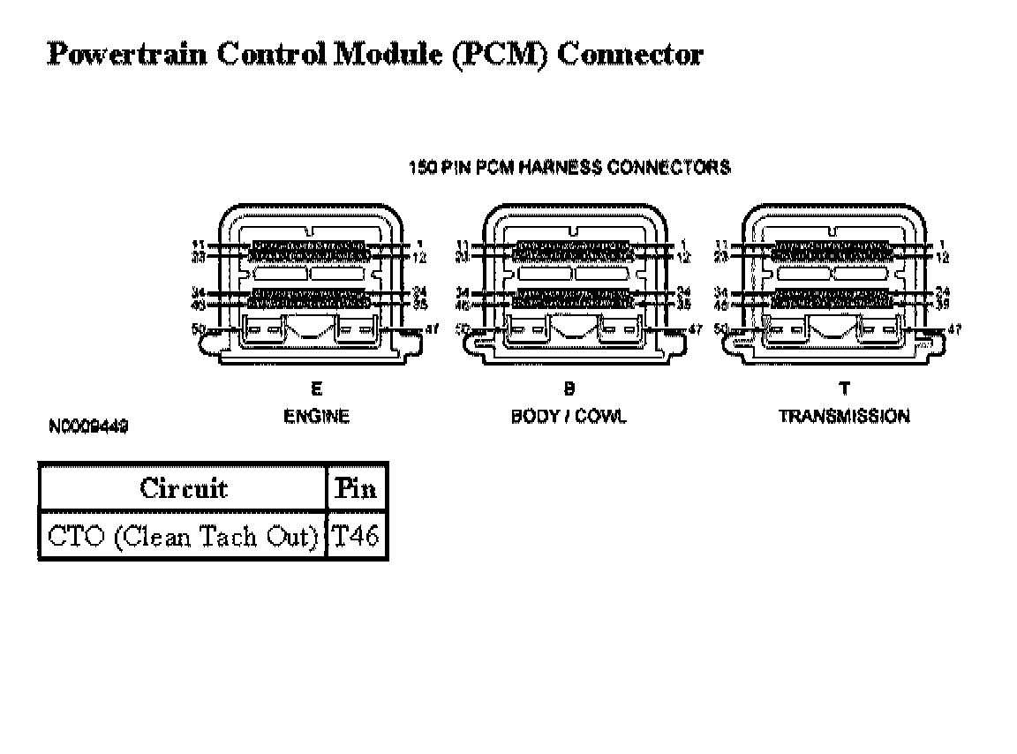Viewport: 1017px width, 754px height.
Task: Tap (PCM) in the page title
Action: tap(500, 55)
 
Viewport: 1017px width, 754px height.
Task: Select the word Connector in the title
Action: tap(630, 55)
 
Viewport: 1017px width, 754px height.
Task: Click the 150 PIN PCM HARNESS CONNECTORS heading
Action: tap(569, 167)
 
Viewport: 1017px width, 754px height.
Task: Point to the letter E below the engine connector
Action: tap(316, 388)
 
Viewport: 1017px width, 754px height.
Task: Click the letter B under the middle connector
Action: tap(569, 388)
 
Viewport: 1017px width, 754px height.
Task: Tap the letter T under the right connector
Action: tap(845, 388)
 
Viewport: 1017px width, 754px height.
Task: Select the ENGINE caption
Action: tap(316, 417)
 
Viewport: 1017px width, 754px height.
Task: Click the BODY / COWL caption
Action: tap(569, 417)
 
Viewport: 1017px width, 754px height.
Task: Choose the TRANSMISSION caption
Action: tap(844, 417)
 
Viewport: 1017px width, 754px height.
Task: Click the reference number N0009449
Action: tap(89, 426)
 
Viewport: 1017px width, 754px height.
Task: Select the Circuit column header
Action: tap(183, 488)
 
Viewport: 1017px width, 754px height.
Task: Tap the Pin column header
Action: tap(357, 488)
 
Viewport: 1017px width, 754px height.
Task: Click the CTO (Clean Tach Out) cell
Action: tap(183, 537)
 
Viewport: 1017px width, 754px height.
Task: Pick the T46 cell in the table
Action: tap(357, 537)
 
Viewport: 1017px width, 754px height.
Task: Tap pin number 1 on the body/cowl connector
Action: tap(683, 245)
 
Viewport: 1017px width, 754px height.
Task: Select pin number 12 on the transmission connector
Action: tap(942, 257)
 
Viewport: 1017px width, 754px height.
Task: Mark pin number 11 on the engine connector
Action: tap(198, 245)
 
